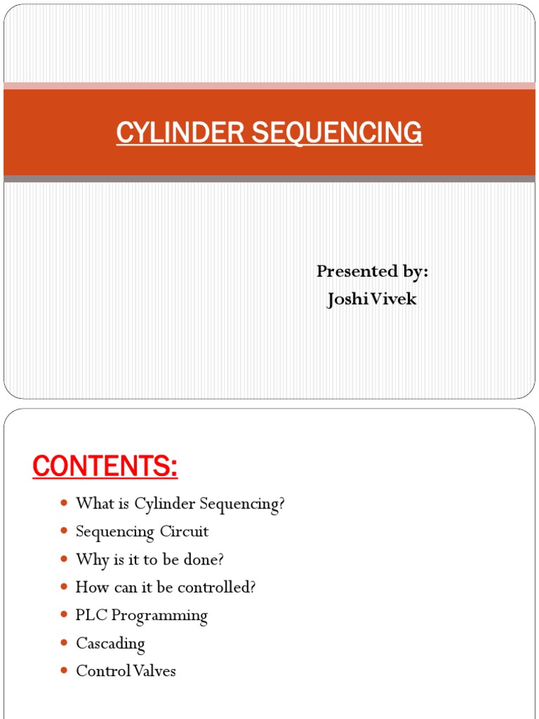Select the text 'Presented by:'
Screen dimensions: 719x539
(372, 271)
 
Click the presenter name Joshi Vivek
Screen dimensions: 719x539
(372, 299)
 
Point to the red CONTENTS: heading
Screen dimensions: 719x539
(105, 466)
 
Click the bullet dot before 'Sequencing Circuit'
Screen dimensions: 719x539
(64, 532)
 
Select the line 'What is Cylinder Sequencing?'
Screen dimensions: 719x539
(180, 503)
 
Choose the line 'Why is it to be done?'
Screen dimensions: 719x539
(149, 560)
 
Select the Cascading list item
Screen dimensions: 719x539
(110, 643)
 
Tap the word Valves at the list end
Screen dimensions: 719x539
(155, 671)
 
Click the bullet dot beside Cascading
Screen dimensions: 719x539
(64, 643)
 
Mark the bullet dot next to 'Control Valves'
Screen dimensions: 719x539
(64, 671)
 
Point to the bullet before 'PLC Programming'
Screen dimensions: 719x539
(64, 616)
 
